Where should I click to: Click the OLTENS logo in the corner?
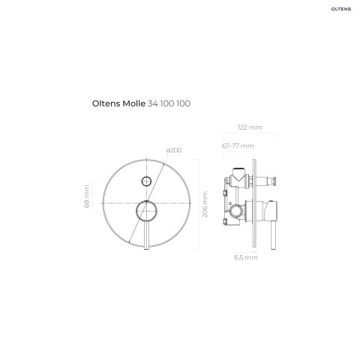click(340, 9)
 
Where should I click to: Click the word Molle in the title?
click(133, 103)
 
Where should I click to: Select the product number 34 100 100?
click(169, 103)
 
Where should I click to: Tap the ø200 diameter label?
click(174, 150)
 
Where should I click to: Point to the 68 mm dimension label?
click(86, 196)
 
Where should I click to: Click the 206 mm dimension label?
click(205, 204)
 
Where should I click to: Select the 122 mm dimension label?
click(250, 127)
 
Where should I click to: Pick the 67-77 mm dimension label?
click(238, 145)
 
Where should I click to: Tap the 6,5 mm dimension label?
click(246, 257)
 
